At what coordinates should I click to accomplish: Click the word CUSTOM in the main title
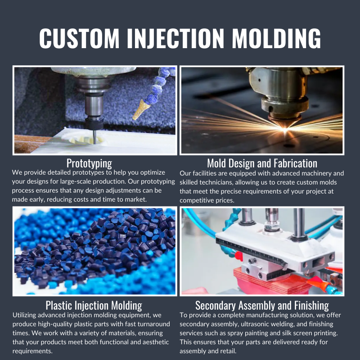(x=80, y=38)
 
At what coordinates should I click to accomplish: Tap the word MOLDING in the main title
(x=276, y=38)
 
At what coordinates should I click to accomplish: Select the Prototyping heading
(x=89, y=163)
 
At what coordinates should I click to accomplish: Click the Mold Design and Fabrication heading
(x=262, y=163)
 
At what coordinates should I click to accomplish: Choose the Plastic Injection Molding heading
(x=94, y=306)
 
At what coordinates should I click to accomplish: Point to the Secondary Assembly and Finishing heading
(x=262, y=306)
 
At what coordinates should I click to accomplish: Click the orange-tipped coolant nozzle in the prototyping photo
(x=141, y=109)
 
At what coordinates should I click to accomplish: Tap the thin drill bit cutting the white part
(x=94, y=137)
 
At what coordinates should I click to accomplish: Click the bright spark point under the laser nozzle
(x=285, y=130)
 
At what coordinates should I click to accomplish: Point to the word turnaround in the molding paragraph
(x=153, y=324)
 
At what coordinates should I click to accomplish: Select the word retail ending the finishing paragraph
(x=229, y=351)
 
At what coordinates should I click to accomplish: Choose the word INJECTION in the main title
(x=175, y=38)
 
